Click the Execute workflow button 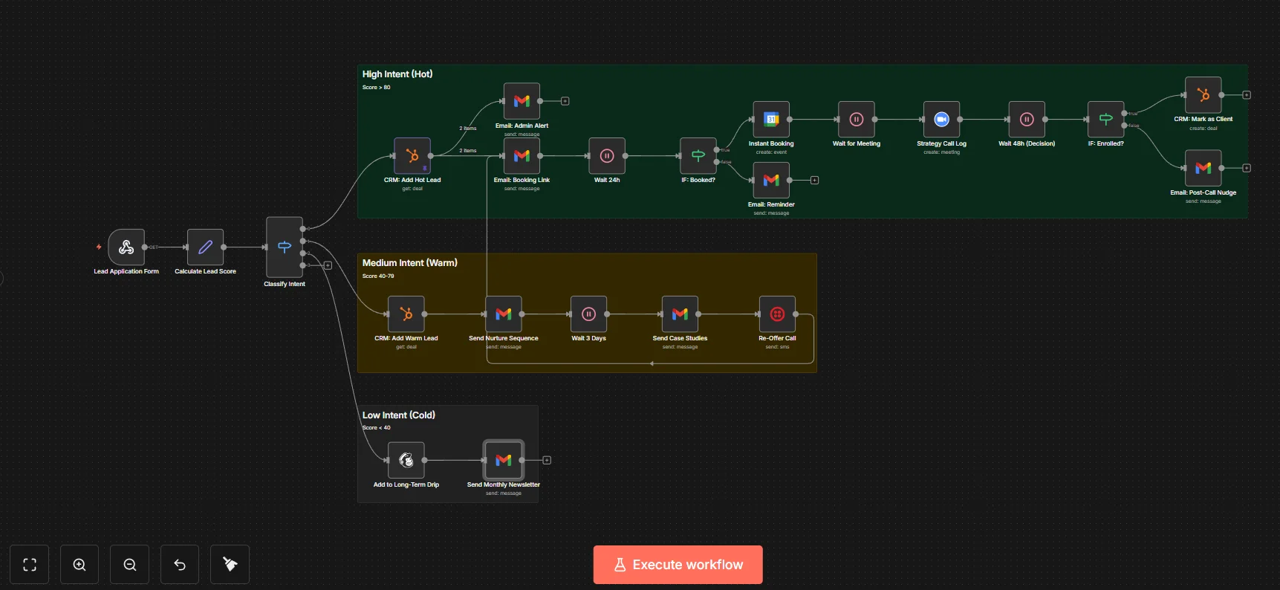678,565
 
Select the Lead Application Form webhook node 126,247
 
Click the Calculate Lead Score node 205,247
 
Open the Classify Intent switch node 285,247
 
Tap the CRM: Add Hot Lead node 412,156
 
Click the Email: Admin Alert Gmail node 522,101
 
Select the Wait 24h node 607,156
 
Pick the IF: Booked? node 698,156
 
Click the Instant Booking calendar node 771,120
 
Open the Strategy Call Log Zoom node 941,120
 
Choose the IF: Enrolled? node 1105,120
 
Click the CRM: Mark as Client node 1203,95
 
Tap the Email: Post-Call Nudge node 1203,168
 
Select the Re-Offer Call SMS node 777,314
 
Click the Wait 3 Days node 588,314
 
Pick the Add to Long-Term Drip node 406,461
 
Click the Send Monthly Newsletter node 504,461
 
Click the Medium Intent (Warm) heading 409,263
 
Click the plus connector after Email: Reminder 814,181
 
